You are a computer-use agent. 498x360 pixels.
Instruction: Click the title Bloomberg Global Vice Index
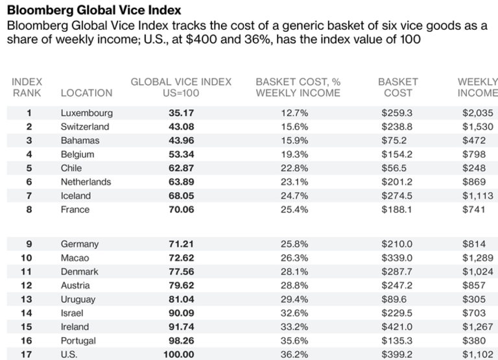(x=94, y=11)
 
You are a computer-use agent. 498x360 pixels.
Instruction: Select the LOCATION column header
(x=86, y=93)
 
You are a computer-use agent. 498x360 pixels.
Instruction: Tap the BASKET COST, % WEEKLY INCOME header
(x=298, y=88)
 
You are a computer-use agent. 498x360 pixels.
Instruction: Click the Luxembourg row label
(x=86, y=113)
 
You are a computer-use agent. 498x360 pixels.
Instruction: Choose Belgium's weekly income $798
(x=473, y=154)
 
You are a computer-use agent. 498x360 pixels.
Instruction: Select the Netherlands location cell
(x=86, y=182)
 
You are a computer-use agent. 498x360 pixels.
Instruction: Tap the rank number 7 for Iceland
(x=29, y=196)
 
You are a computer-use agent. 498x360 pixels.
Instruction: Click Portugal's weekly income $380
(x=473, y=341)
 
